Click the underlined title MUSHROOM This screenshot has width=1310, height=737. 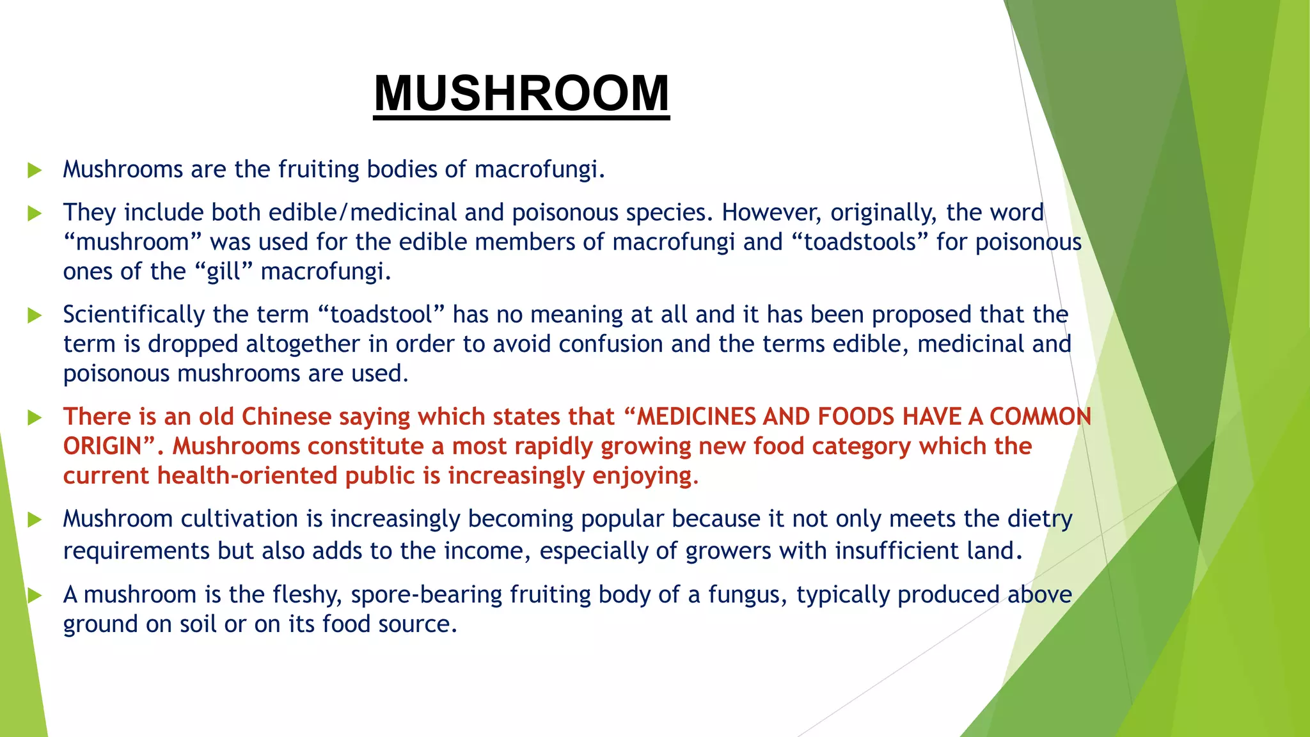point(521,93)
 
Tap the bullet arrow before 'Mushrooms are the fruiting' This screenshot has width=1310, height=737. point(35,170)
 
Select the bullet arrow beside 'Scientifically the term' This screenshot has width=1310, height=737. point(35,315)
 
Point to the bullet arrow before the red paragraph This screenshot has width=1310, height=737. point(35,418)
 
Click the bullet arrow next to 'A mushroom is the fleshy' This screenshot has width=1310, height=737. point(35,596)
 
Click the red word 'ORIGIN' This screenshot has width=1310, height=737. point(102,446)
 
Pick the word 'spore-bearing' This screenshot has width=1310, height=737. point(427,595)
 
